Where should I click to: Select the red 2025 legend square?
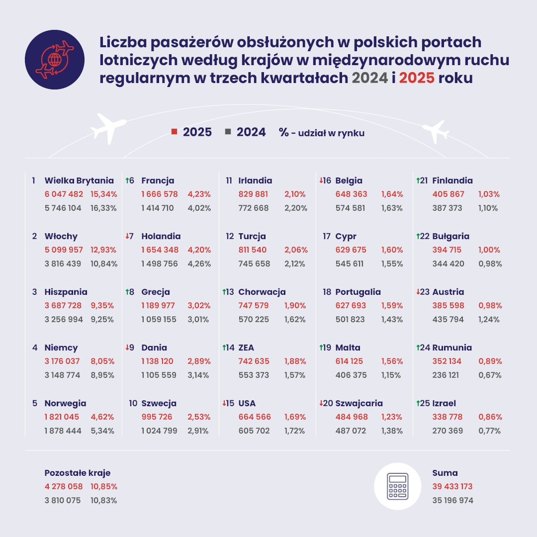175,132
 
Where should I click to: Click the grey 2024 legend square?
228,132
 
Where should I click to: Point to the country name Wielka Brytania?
79,181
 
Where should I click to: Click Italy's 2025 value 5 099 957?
64,250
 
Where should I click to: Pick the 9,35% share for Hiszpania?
102,305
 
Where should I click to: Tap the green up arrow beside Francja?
127,181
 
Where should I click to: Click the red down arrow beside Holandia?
127,237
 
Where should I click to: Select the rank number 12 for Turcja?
230,237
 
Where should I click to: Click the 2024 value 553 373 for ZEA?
254,375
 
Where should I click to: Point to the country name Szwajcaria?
359,403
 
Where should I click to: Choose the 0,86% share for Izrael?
490,417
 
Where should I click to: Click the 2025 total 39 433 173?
452,486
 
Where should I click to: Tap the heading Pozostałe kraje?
78,473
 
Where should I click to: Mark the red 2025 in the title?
416,78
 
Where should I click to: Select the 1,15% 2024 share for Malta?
391,375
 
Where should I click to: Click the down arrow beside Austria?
418,292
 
